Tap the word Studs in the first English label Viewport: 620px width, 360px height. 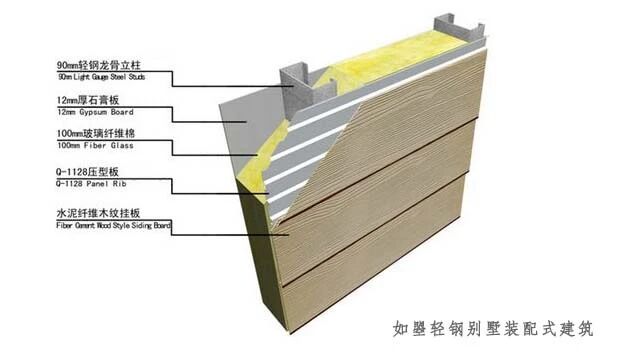click(160, 76)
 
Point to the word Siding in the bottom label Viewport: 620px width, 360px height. click(152, 226)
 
